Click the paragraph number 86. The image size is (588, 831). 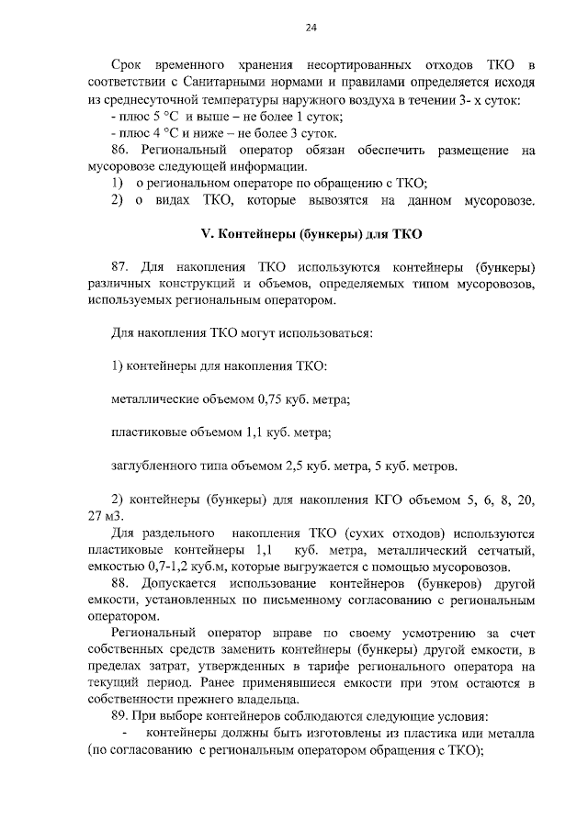(x=119, y=151)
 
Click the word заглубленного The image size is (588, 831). (x=152, y=466)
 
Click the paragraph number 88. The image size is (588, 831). (x=119, y=584)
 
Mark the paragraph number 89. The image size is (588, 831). (x=119, y=716)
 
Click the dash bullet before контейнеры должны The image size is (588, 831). (x=123, y=734)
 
